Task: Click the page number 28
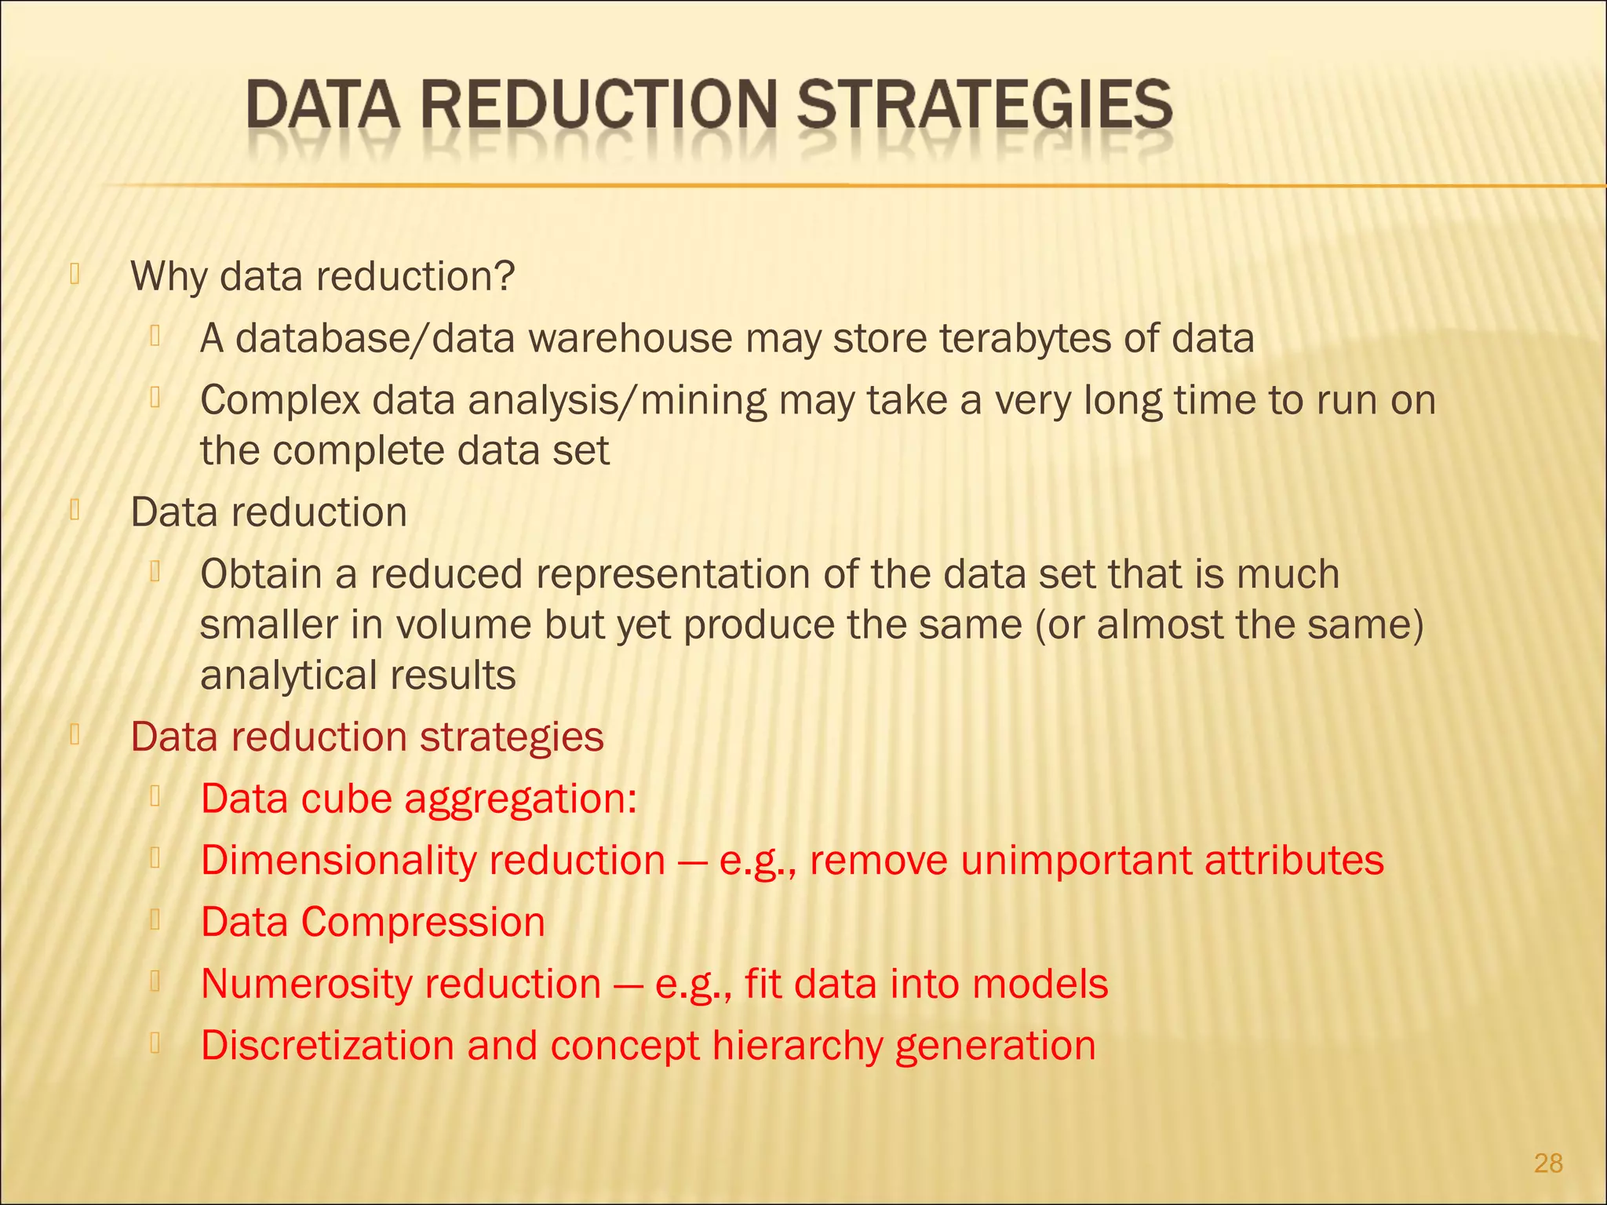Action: click(x=1548, y=1163)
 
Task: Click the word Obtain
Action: click(x=261, y=574)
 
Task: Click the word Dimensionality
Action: click(x=338, y=861)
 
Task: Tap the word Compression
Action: click(x=423, y=923)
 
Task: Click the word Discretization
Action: click(x=327, y=1046)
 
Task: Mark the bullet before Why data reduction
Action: click(x=75, y=274)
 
